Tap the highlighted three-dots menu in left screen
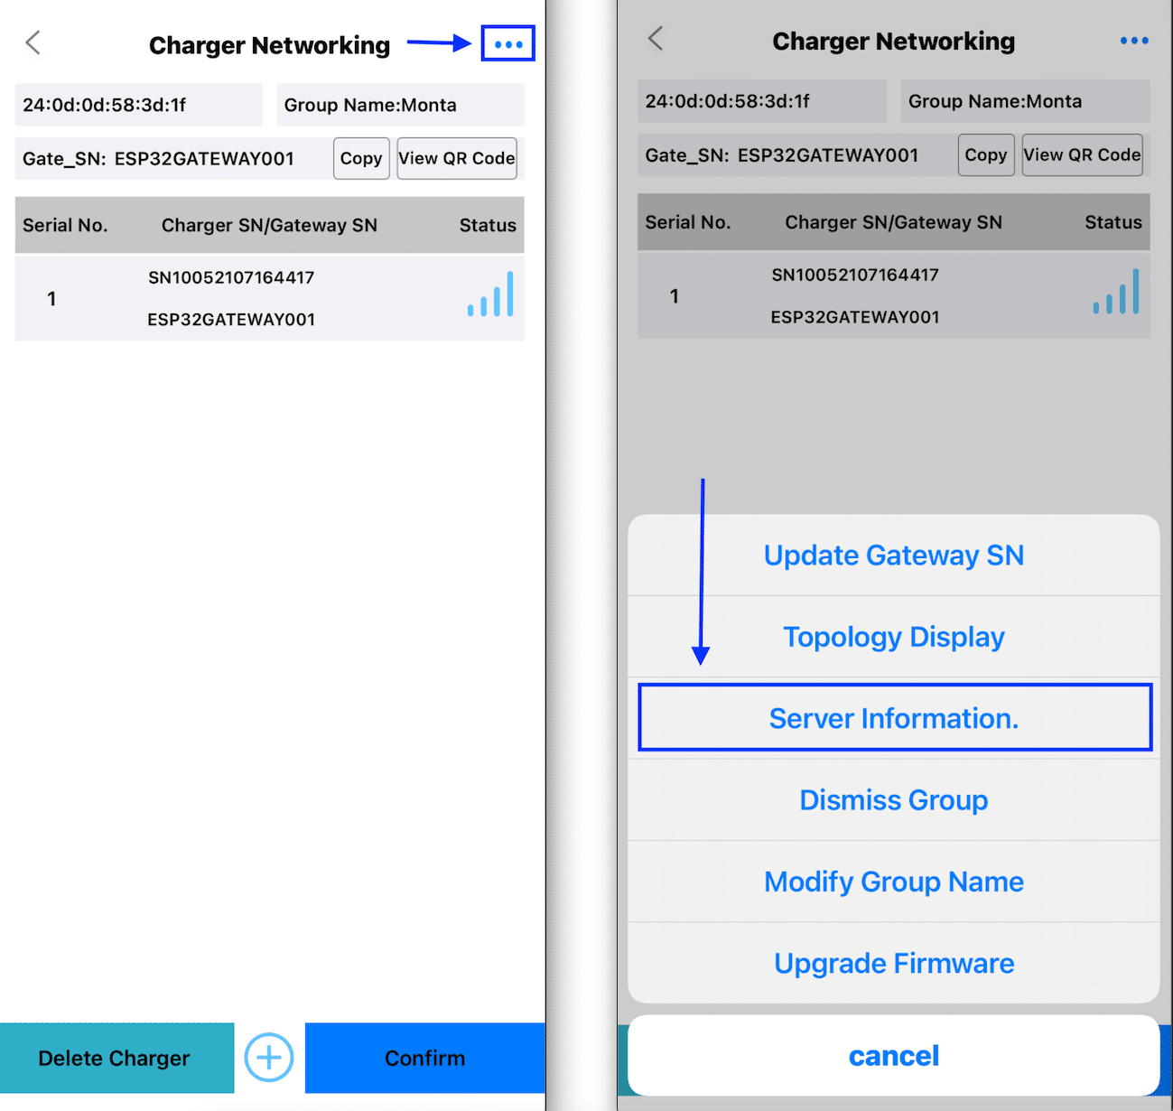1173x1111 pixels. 508,44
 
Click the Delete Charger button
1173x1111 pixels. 115,1058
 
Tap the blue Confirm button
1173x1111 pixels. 424,1058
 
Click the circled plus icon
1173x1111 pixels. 269,1057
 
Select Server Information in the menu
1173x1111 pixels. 894,718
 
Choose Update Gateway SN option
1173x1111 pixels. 894,555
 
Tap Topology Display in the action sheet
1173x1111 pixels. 894,637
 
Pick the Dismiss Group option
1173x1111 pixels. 894,800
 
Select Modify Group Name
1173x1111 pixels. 894,882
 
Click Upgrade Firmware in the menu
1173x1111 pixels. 894,963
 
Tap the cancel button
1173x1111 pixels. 894,1055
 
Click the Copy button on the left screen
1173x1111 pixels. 361,158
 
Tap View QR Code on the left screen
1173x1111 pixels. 457,158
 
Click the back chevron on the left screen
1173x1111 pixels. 33,42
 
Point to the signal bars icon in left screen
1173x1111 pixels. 491,295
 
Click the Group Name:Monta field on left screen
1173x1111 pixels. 400,105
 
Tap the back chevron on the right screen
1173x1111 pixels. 656,39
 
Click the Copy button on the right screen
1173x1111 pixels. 986,154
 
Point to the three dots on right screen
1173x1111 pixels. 1134,41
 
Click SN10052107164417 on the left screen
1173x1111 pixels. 231,277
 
